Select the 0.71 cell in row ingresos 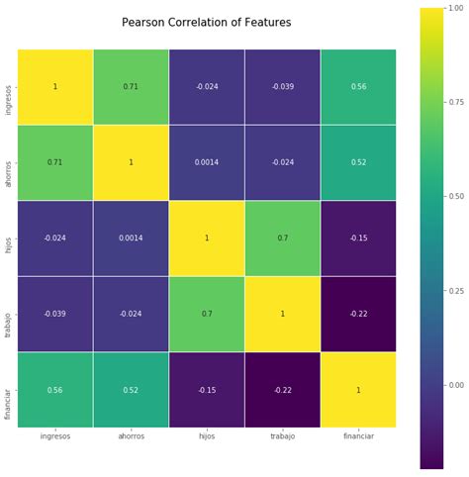coord(131,86)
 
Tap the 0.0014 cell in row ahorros coord(207,162)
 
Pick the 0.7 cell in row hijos coord(282,238)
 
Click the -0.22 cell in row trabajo coord(358,314)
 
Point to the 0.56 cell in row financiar coord(55,390)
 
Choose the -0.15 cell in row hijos coord(358,238)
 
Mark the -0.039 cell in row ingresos coord(282,86)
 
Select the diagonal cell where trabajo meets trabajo coord(282,314)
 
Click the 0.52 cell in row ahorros coord(358,162)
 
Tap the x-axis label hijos coord(207,436)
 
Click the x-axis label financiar coord(358,436)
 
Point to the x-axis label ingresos coord(55,436)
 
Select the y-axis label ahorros coord(9,162)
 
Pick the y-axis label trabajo coord(9,314)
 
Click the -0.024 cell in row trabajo coord(131,314)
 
